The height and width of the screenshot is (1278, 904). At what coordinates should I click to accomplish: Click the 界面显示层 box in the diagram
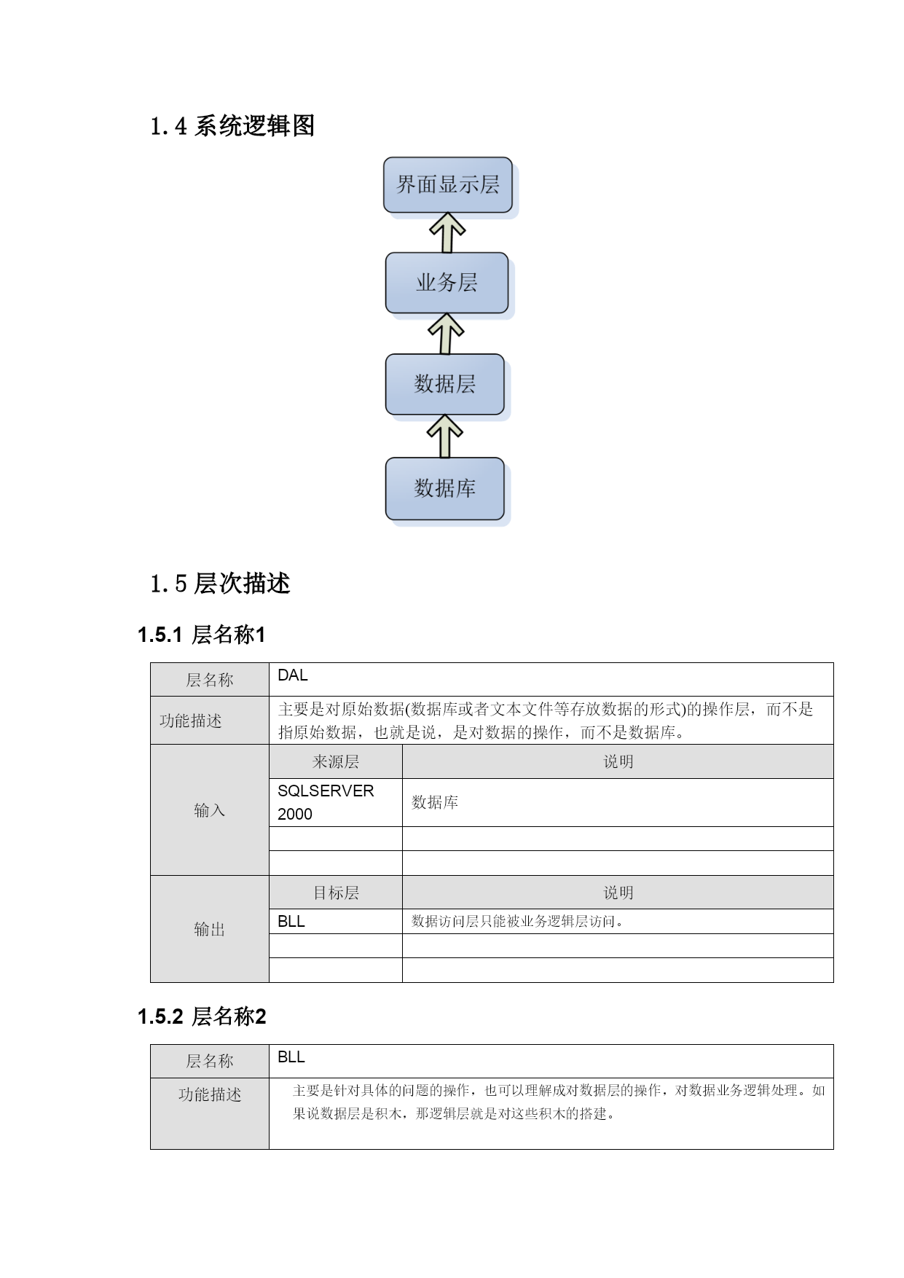pos(447,185)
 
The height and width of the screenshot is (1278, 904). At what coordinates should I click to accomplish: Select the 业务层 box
pos(447,283)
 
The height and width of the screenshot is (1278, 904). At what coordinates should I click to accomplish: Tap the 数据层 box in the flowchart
pos(444,384)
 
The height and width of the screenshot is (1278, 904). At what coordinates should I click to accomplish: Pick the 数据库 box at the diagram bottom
pos(444,488)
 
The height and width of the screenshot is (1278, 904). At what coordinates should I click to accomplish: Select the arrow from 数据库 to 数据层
pos(444,436)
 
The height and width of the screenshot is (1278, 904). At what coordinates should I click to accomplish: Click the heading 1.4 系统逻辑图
pos(232,126)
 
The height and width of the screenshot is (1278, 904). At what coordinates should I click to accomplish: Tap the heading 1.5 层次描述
pos(220,584)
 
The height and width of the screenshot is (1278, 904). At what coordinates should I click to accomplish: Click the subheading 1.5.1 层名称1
pos(202,635)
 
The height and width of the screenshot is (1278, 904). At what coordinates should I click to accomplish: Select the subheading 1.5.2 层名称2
pos(202,1016)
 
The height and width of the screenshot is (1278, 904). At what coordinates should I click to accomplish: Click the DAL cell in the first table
pos(551,679)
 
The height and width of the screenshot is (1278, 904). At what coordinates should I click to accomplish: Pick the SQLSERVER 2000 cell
pos(336,802)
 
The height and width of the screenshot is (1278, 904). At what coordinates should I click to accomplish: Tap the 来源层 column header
pos(336,761)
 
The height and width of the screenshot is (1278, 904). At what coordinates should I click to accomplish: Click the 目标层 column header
pos(336,893)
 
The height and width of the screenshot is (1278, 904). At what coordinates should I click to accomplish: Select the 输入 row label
pos(210,810)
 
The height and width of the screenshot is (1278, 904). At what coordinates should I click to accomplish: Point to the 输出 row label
pos(210,929)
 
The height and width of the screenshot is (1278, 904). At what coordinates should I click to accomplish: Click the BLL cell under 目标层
pos(336,921)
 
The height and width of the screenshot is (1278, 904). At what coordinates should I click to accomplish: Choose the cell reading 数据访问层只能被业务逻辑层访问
pos(618,921)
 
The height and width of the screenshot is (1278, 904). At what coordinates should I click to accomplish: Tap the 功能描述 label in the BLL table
pos(210,1094)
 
